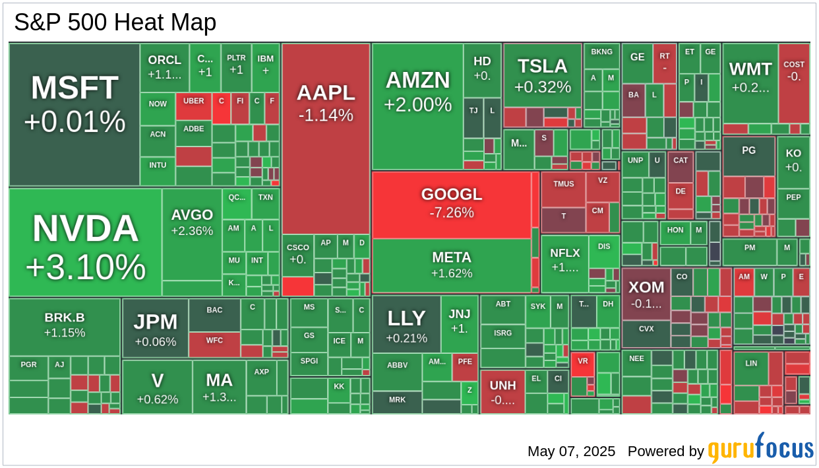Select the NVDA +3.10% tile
click(x=85, y=242)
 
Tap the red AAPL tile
click(x=326, y=139)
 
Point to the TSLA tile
click(x=542, y=75)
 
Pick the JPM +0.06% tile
click(x=155, y=329)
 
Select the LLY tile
click(x=406, y=325)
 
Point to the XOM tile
click(x=646, y=294)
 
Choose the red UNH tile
click(x=502, y=391)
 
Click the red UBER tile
click(x=193, y=106)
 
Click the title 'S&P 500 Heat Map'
click(x=115, y=23)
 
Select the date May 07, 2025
click(x=571, y=451)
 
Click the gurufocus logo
click(x=760, y=449)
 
